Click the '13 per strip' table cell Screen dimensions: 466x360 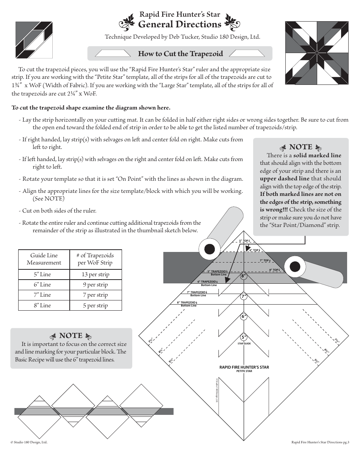pos(95,274)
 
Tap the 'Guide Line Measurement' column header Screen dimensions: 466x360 pos(44,259)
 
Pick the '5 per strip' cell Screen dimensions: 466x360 pos(95,305)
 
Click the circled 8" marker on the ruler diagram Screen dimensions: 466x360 pos(244,276)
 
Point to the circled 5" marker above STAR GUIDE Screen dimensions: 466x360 pos(244,337)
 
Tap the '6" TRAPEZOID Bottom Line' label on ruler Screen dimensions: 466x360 pos(208,283)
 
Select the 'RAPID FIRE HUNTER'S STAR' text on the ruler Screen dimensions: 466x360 pos(244,367)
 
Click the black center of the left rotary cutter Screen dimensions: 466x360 pos(210,249)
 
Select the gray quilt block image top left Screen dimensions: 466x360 pos(34,40)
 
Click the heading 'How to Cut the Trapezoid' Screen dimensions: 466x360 pos(180,53)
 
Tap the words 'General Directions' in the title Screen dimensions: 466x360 pos(180,24)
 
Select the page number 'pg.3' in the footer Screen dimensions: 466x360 pos(346,442)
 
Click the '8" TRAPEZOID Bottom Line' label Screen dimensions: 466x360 pos(188,304)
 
